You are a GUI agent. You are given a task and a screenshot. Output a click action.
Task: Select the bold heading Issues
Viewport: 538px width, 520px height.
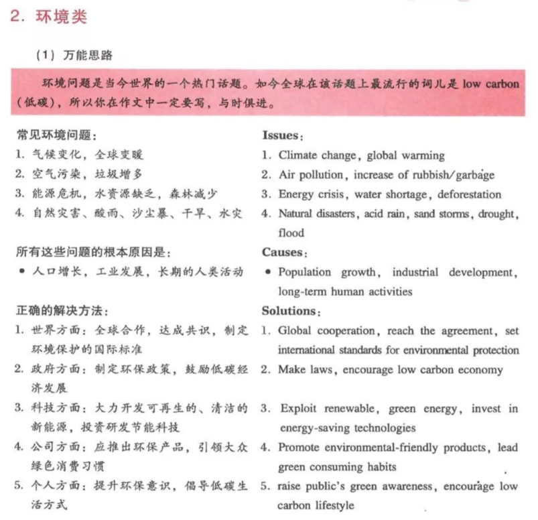click(x=279, y=135)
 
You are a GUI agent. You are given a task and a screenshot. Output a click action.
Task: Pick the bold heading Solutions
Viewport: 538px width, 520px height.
click(x=289, y=311)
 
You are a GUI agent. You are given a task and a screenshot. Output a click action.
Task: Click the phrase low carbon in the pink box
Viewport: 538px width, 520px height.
click(x=492, y=88)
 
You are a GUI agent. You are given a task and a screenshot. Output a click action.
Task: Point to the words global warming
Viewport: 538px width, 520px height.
click(x=405, y=155)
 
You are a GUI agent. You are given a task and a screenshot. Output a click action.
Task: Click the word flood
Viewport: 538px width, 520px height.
click(x=291, y=233)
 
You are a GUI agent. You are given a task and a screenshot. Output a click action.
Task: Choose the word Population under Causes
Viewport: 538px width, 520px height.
click(x=305, y=272)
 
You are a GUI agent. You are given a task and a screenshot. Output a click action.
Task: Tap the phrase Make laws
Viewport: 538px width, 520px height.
click(x=303, y=369)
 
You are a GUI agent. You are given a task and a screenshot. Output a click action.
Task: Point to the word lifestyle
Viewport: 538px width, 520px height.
click(x=332, y=505)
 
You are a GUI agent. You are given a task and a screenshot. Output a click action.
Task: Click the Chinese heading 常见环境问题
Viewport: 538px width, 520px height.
click(x=57, y=136)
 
